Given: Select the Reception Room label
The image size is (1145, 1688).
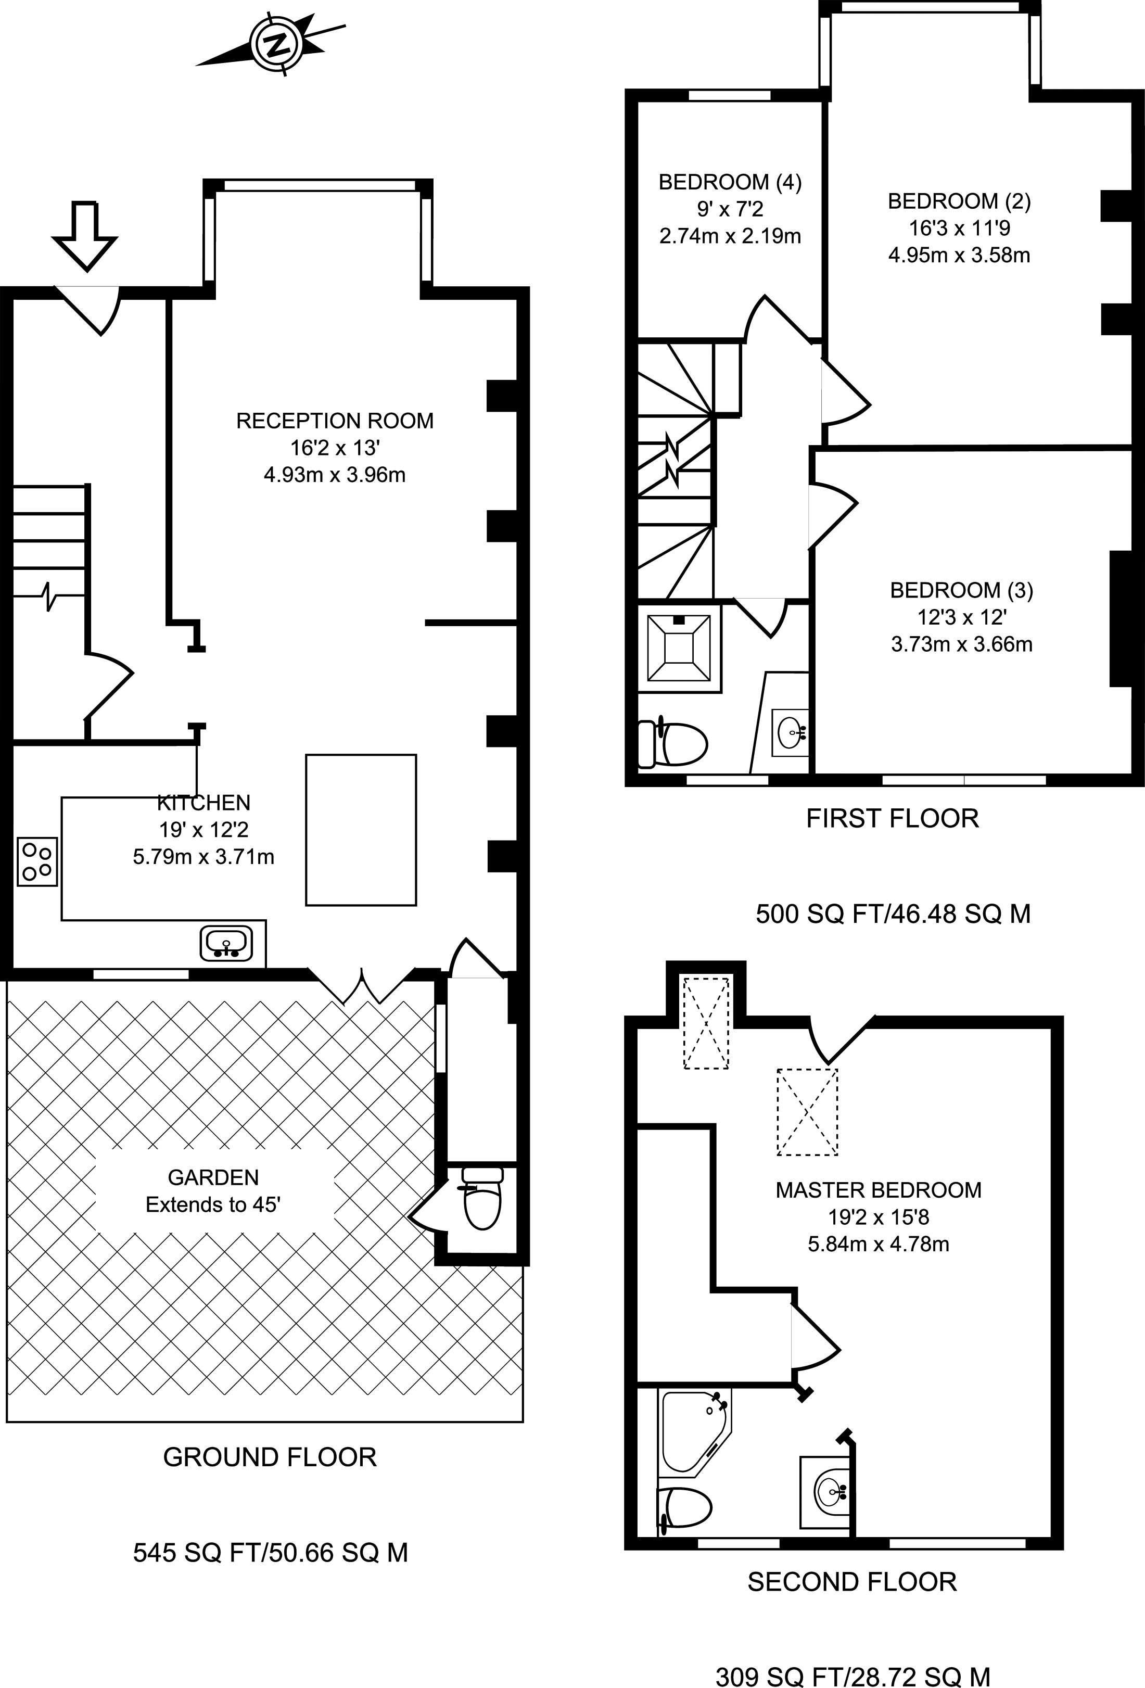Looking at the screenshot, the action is coord(335,421).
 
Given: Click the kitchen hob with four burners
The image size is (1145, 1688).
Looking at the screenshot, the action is coord(37,861).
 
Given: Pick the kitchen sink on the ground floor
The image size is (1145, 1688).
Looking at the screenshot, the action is coord(226,944).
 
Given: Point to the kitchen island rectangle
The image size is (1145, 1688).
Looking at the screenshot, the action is coord(361,830).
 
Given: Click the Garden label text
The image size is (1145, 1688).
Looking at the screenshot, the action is coord(213,1177).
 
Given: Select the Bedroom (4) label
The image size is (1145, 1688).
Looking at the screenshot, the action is coord(730,182).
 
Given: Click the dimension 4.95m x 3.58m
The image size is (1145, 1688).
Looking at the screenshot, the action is coord(959,255).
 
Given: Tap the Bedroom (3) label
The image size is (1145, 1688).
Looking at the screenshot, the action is coord(961,590).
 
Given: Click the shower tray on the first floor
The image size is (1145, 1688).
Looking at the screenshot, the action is coord(679,648).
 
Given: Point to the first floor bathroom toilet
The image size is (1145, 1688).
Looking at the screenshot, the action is coord(671,742).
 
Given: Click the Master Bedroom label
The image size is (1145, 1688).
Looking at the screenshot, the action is coord(879,1190).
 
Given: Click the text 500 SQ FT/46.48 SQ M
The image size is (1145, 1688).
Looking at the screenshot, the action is coord(893,913).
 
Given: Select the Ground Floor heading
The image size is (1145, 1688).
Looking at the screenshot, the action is coord(270,1457).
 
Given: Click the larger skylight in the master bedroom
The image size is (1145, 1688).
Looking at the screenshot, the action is coord(807,1111).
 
